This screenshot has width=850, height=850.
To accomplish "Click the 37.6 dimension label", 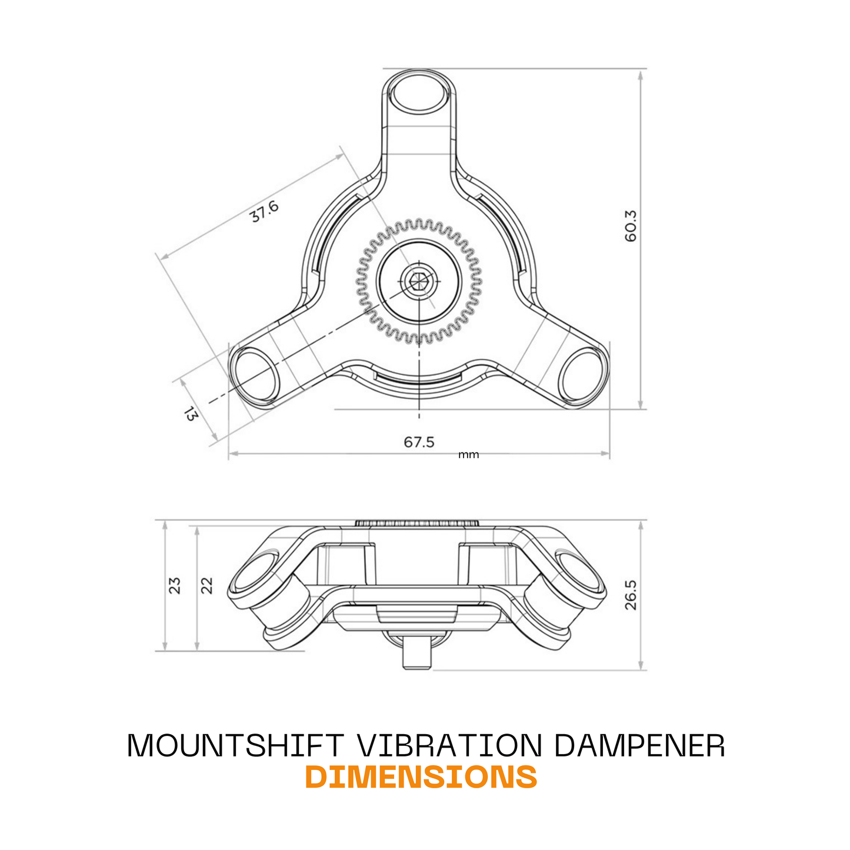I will point(264,211).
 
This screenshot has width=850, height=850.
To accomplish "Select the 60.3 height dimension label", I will point(631,226).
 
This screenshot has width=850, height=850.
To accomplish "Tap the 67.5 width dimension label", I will point(419,442).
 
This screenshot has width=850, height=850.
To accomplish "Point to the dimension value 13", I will point(191,414).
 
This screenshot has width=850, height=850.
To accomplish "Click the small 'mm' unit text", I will point(468,455).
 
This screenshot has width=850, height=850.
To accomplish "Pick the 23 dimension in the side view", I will point(175,585).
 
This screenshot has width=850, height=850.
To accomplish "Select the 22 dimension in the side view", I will point(206,585).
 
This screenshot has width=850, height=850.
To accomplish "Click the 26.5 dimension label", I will point(631,595).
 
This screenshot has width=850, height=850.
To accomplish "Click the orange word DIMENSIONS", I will point(421,777).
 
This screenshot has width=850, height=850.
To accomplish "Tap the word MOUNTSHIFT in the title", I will point(235,746).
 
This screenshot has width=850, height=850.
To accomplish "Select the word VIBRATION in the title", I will point(449,746).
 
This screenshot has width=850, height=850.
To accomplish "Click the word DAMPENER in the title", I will point(639,746).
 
